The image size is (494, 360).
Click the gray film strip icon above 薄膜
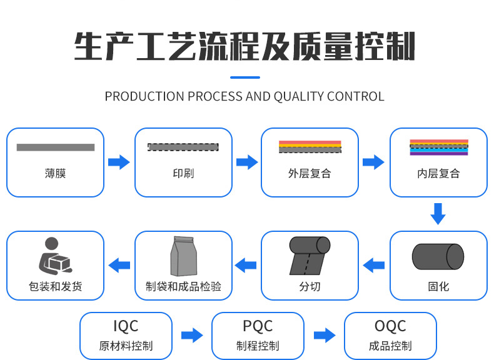coord(55,147)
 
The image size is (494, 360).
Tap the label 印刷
coord(183,173)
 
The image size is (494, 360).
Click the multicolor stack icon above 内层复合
coord(438,147)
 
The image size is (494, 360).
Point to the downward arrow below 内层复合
coord(438,213)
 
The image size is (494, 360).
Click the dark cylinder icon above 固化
coord(438,256)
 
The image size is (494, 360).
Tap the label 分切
coord(310,287)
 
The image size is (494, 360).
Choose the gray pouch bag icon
coord(183,256)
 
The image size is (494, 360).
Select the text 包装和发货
coord(55,287)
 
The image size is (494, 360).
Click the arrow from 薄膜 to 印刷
coord(119,162)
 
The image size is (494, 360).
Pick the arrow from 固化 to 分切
coord(374,265)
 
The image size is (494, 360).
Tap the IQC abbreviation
coord(126,326)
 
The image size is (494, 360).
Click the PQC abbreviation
coord(258,326)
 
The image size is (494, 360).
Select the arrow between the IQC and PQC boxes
coord(192,335)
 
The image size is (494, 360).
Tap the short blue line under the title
coord(245,77)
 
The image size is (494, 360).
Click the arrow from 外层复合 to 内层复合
coord(373,162)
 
